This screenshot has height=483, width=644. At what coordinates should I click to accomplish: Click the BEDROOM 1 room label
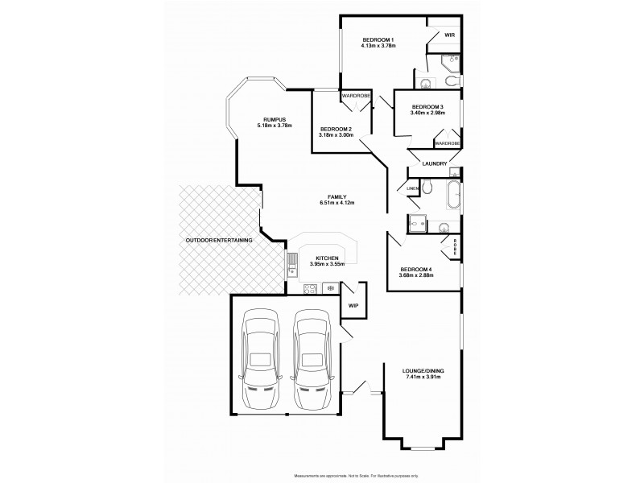point(378,40)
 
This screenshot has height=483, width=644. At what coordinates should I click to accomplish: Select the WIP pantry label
point(353,306)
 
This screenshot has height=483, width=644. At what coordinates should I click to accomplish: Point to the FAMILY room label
point(336,196)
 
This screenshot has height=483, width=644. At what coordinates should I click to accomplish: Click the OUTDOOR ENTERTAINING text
point(219,240)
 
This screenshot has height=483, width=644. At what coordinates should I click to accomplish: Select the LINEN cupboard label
point(412,188)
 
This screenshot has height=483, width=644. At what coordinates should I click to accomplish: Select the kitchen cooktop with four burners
point(309,287)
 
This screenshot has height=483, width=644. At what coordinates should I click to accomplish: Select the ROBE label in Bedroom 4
point(455,246)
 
